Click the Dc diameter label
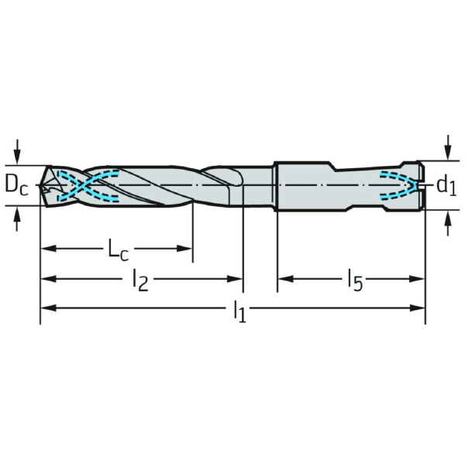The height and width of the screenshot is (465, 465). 16,186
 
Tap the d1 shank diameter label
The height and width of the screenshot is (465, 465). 446,186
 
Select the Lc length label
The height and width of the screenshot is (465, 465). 118,250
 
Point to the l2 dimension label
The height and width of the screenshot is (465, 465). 140,280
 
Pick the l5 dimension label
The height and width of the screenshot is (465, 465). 355,280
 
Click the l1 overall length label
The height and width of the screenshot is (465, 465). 239,311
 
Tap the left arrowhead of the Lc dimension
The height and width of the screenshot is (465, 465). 48,249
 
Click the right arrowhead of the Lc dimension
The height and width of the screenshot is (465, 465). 184,249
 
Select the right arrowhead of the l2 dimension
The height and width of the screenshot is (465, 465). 235,279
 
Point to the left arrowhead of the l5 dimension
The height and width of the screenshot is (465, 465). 285,279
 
